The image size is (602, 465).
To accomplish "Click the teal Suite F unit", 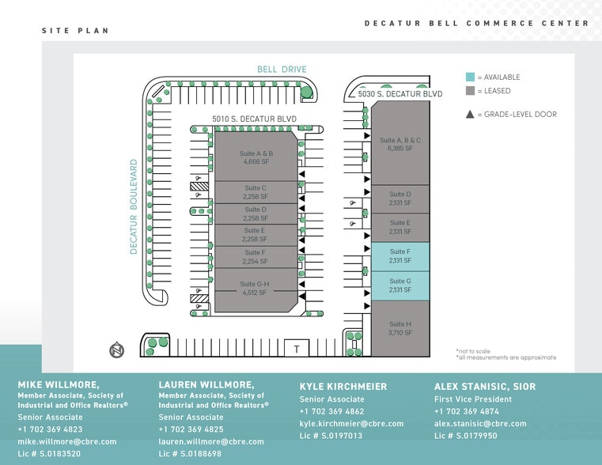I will coord(399,256).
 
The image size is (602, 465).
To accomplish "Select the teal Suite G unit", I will coord(399,285).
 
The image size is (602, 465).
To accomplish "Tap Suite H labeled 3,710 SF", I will coord(399,328).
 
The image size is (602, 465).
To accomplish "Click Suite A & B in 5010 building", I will coord(256,157).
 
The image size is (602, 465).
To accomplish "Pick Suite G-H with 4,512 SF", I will coord(255,288).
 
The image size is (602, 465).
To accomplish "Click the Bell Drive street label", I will coord(282,70).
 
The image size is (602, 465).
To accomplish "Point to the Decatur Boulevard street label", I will coord(134,206).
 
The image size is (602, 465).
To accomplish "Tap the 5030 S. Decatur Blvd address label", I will coord(399,94).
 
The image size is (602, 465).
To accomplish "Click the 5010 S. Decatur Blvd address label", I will coord(254,119).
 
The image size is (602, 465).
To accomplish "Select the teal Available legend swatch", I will coord(470,77).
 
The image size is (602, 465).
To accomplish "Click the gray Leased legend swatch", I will coord(470,91).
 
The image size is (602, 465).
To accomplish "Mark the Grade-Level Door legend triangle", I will coord(470,115).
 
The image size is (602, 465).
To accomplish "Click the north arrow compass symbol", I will coord(117,350).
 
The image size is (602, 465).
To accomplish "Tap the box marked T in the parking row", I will coord(297,349).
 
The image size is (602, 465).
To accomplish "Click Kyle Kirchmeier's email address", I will coord(351,424).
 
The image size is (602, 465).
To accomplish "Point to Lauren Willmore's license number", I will coord(191,454).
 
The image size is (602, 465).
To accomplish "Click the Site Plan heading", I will coord(75,31).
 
